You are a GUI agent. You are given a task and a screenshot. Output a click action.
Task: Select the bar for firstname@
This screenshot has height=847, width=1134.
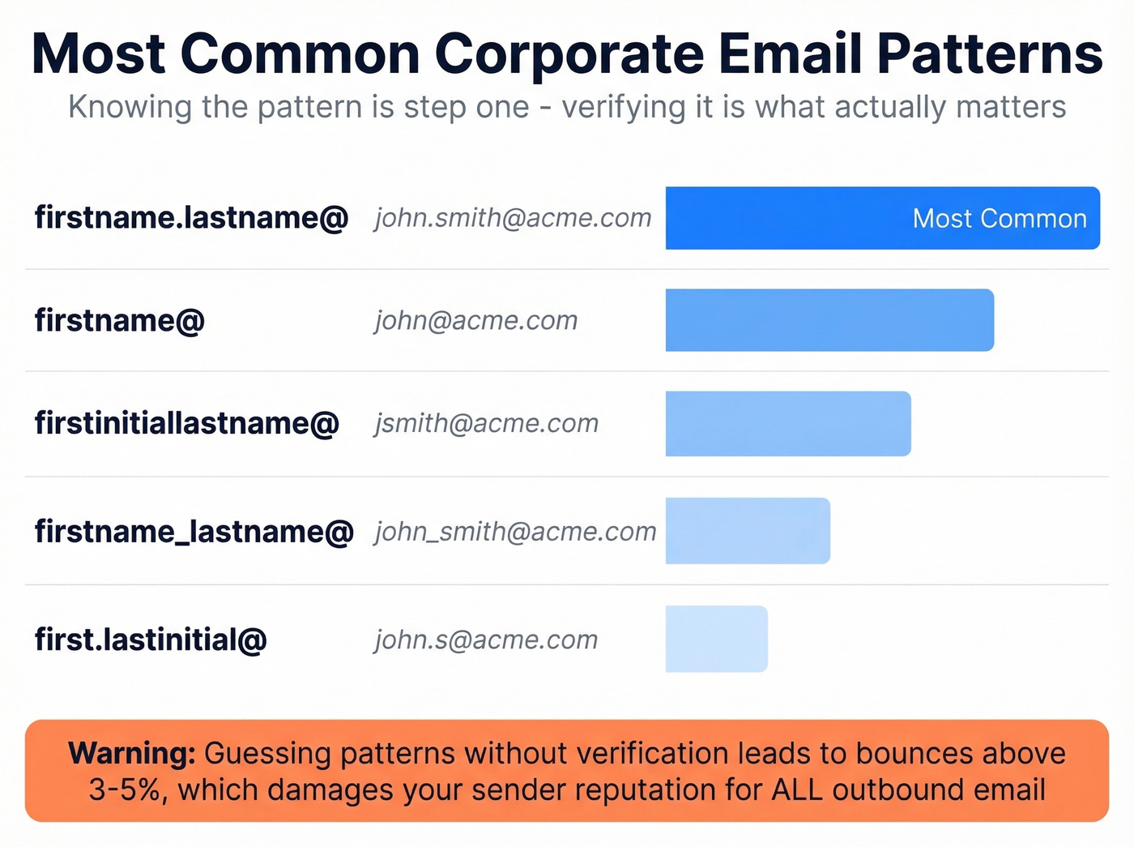click(829, 320)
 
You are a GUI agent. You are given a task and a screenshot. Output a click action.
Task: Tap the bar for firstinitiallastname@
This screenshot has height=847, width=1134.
click(788, 424)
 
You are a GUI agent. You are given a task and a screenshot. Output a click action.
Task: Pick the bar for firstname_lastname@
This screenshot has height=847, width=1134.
click(748, 531)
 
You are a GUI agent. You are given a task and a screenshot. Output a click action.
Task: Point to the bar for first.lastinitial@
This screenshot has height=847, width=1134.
click(716, 639)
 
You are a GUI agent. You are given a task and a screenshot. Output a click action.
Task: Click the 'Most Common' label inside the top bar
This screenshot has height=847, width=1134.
click(1000, 219)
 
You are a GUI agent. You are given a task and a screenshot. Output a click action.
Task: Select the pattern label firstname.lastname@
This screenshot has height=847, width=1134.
click(191, 218)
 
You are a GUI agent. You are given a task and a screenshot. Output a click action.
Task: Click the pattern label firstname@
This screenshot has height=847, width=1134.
click(119, 321)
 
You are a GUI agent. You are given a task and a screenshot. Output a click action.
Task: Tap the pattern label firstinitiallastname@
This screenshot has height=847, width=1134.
click(186, 424)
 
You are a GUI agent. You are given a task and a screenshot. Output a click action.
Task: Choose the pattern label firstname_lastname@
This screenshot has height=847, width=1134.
click(194, 532)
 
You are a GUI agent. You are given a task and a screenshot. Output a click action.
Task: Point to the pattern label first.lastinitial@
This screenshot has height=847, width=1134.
click(151, 640)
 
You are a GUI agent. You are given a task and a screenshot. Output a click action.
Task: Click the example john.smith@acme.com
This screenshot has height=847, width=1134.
click(513, 218)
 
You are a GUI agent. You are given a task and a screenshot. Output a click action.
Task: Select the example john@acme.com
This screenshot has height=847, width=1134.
click(476, 321)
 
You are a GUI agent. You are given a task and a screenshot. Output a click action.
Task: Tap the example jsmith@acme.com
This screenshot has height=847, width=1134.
click(487, 424)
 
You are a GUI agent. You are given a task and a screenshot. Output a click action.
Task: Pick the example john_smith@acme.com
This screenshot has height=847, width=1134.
click(515, 532)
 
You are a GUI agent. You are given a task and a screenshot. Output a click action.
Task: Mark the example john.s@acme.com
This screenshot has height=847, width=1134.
click(486, 640)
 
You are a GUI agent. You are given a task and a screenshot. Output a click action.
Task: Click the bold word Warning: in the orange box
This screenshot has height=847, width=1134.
click(132, 754)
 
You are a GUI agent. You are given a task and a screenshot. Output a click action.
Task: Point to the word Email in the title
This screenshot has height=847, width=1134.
click(791, 54)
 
